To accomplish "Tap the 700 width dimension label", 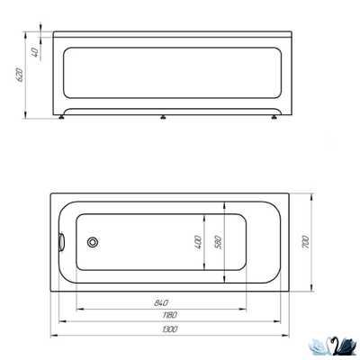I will pyautogui.click(x=306, y=241).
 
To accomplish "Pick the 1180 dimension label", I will pyautogui.click(x=169, y=315).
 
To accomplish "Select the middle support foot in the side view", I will pyautogui.click(x=163, y=117).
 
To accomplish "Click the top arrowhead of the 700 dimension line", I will pyautogui.click(x=311, y=195).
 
